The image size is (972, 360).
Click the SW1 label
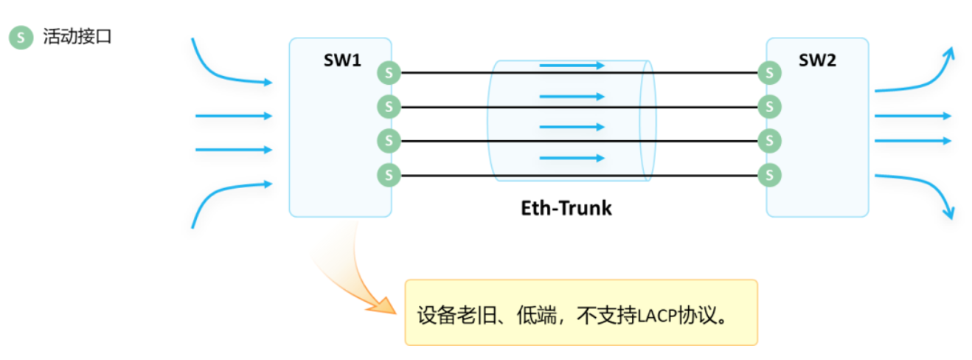(x=342, y=60)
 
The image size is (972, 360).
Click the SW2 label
(x=817, y=60)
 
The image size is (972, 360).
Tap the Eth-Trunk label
(x=566, y=208)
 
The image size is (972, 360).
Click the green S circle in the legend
(x=21, y=38)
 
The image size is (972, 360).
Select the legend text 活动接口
(x=77, y=37)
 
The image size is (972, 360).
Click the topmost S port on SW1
(x=389, y=73)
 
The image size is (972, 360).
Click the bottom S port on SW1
(x=389, y=175)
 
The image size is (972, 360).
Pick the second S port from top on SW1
(x=389, y=107)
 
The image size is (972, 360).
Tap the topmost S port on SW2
(x=770, y=73)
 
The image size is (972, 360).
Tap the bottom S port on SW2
(x=770, y=175)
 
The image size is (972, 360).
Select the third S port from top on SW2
(x=770, y=140)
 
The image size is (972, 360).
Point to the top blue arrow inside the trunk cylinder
(x=572, y=66)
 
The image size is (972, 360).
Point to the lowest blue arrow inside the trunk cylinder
(x=572, y=158)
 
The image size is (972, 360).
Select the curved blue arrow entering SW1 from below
(x=221, y=195)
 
